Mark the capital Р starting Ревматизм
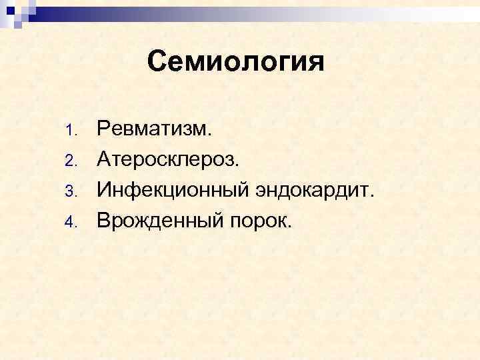click(104, 127)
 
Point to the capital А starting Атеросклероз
click(105, 159)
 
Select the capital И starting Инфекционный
click(105, 190)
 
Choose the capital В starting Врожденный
click(104, 221)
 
